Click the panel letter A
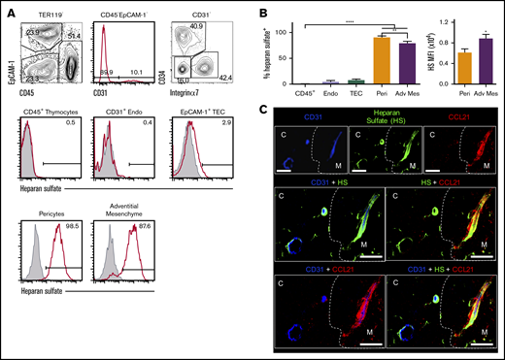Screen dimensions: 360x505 click(8, 9)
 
